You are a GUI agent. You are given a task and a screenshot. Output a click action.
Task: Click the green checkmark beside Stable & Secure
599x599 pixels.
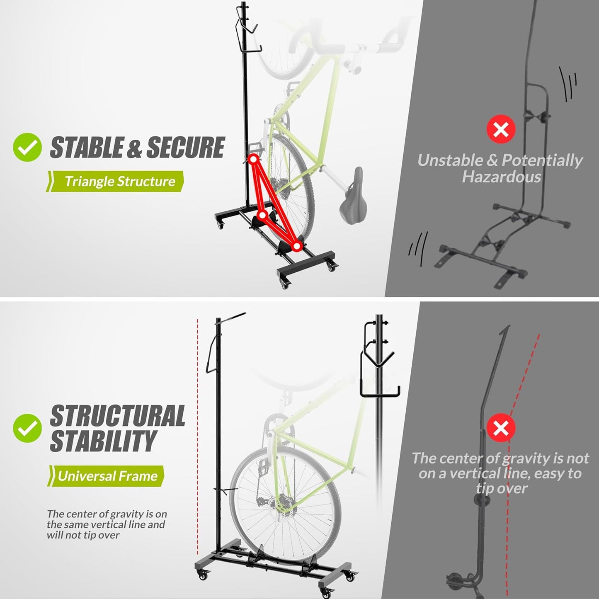tap(27, 147)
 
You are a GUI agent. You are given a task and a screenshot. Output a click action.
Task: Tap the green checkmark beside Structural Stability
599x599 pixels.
tap(27, 428)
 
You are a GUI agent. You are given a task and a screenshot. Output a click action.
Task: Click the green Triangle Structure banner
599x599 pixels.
tap(116, 182)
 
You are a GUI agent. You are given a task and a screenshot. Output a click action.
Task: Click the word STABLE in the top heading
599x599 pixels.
tap(85, 148)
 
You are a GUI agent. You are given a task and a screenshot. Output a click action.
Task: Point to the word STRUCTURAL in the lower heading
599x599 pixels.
tap(118, 416)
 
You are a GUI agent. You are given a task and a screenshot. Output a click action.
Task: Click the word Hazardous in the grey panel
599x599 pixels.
tap(502, 177)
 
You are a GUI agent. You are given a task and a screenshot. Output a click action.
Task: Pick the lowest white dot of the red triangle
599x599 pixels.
tap(296, 246)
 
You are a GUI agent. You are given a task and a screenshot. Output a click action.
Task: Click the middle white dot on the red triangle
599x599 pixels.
tap(262, 215)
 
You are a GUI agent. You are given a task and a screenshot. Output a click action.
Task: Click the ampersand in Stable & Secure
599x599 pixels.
tap(134, 148)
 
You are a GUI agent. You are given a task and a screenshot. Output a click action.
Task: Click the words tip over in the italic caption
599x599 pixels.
tap(502, 488)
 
